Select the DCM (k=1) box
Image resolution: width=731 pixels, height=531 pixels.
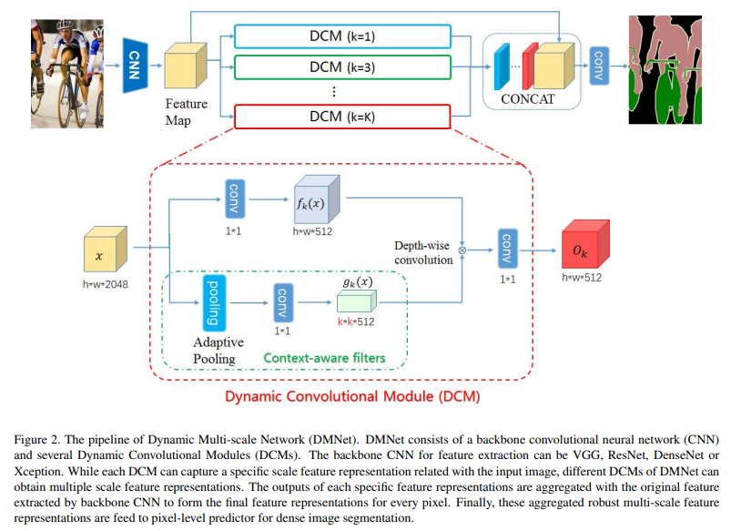tap(342, 36)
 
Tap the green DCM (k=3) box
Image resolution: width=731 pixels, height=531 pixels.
tap(342, 66)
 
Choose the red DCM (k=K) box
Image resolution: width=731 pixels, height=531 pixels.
tap(342, 117)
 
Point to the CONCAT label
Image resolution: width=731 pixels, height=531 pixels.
tap(528, 98)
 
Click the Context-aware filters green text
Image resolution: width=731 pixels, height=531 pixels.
tap(323, 359)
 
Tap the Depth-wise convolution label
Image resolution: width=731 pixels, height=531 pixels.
tap(423, 252)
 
